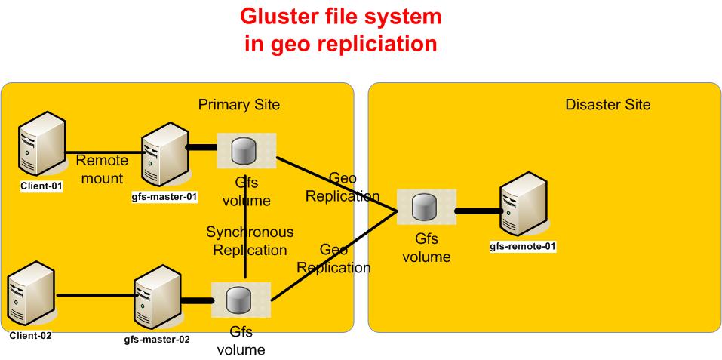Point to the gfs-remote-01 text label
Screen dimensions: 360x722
[x=524, y=246]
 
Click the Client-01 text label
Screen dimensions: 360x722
[x=42, y=187]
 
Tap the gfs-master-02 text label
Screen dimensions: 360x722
[x=157, y=339]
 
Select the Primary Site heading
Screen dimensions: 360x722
[x=239, y=105]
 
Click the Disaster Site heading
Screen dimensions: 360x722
[x=607, y=105]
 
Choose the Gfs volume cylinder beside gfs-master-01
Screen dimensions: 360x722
[x=246, y=151]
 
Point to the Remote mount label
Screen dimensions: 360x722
[x=102, y=168]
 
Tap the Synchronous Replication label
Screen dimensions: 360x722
[x=250, y=240]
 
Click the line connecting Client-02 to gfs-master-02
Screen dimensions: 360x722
[x=94, y=295]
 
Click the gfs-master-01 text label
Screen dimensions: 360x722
[x=164, y=198]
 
